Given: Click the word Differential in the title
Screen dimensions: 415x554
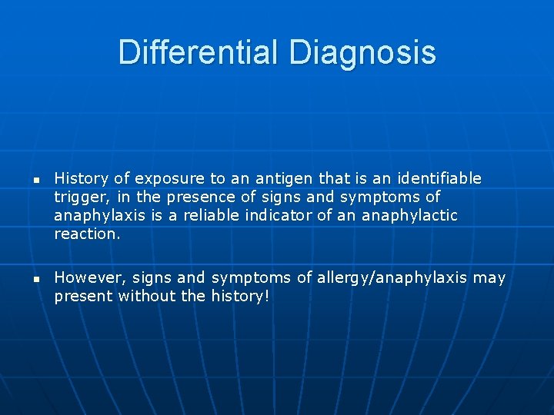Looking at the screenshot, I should [x=199, y=53].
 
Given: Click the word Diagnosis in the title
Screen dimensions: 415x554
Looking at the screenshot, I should [x=362, y=53].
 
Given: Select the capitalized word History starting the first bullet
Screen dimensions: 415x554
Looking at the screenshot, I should [x=81, y=178].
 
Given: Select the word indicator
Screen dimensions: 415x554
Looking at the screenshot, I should [x=278, y=215].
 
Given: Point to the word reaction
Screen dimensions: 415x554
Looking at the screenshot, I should [x=87, y=234].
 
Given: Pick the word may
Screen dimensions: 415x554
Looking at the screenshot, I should [x=489, y=277].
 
